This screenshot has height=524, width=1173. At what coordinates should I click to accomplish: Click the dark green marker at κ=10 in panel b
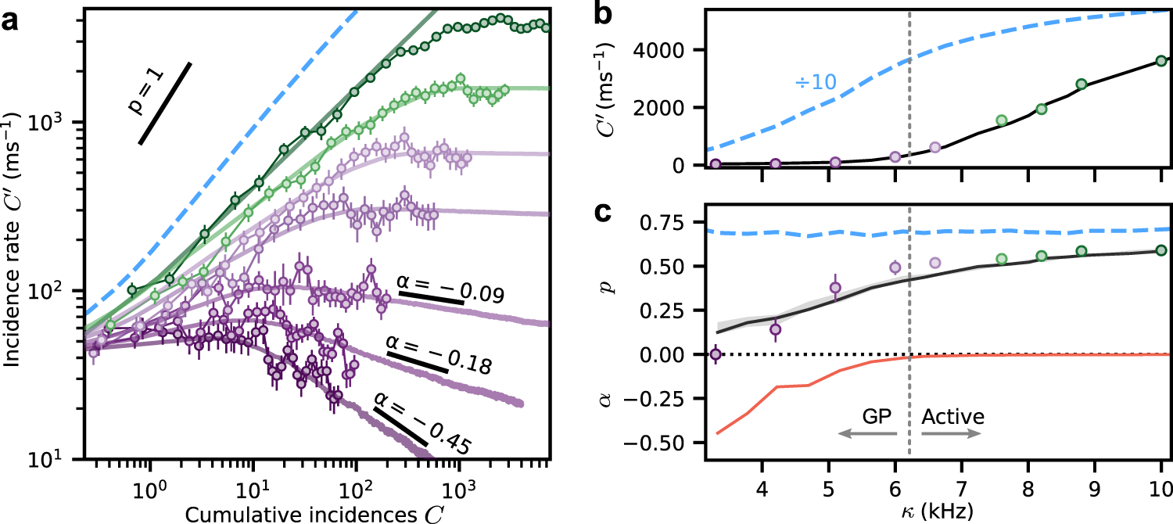1161,60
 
